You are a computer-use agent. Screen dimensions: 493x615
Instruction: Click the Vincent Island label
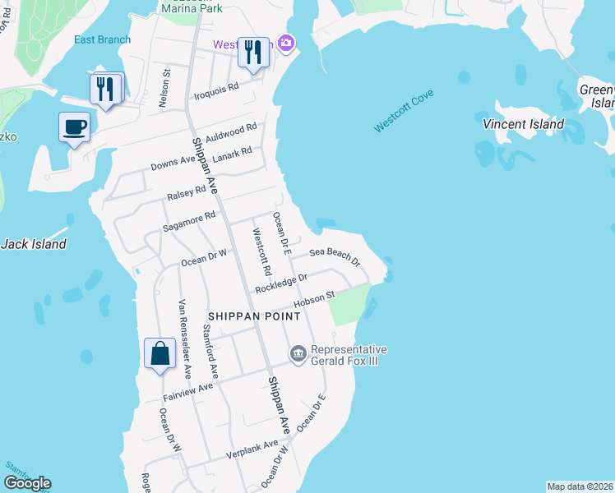click(524, 124)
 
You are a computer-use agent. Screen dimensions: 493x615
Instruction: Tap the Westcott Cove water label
click(404, 111)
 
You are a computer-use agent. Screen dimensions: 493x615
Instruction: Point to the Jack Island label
click(33, 244)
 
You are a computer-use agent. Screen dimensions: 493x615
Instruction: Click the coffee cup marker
click(74, 128)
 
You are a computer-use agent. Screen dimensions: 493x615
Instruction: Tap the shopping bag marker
click(160, 354)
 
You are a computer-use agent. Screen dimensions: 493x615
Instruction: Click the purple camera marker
click(286, 43)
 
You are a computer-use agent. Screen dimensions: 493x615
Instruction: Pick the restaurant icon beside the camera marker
click(252, 53)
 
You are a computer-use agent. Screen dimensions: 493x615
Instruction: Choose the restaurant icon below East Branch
click(104, 89)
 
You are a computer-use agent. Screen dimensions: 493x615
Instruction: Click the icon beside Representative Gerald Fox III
click(298, 354)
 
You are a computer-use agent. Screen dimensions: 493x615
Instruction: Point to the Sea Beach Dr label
click(335, 256)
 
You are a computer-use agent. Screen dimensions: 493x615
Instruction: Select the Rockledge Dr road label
click(280, 283)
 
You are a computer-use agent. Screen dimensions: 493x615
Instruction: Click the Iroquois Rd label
click(215, 90)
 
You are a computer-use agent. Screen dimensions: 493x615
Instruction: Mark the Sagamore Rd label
click(191, 219)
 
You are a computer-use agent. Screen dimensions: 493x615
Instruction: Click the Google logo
click(27, 483)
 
